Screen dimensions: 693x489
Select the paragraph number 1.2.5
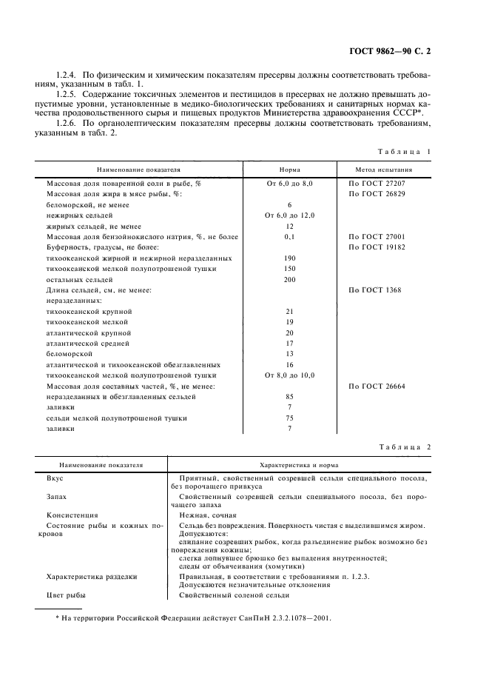(x=69, y=96)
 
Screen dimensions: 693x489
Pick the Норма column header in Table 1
(x=289, y=169)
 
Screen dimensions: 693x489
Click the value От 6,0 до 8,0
(x=289, y=182)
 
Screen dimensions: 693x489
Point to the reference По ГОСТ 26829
(x=377, y=193)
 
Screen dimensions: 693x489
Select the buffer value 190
(x=289, y=258)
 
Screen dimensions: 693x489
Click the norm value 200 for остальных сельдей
(x=289, y=280)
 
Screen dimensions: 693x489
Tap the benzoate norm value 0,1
(x=289, y=237)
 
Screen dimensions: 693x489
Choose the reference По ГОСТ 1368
(x=374, y=290)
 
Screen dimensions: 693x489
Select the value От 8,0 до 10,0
(x=289, y=376)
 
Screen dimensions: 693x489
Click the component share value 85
(x=289, y=398)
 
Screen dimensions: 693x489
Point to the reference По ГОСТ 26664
(x=377, y=386)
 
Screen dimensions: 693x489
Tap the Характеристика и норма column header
(x=299, y=466)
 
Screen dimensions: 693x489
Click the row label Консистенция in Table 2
(x=72, y=515)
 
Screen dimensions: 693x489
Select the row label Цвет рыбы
(x=66, y=596)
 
